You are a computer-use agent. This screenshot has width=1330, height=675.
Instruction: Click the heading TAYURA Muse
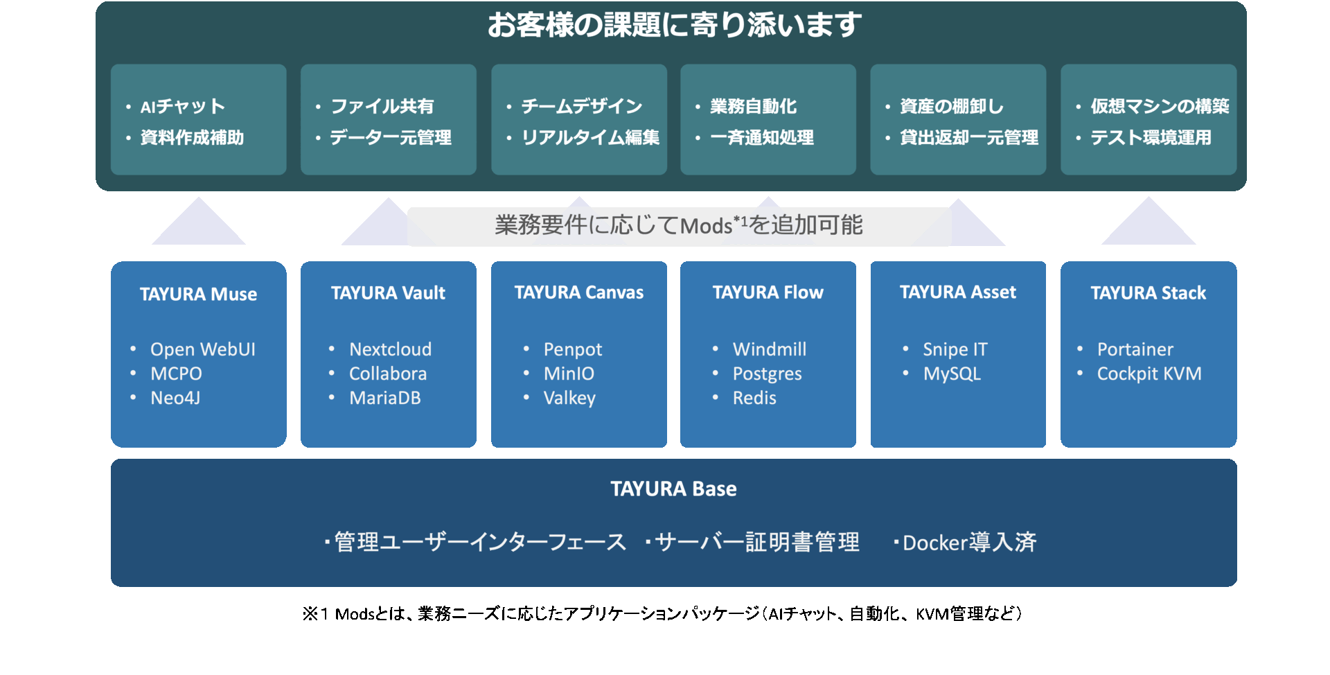pyautogui.click(x=198, y=294)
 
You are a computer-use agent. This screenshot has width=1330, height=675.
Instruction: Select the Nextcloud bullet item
pyautogui.click(x=390, y=349)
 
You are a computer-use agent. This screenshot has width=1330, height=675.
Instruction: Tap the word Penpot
pyautogui.click(x=572, y=349)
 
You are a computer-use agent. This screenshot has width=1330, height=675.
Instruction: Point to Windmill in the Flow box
pyautogui.click(x=769, y=349)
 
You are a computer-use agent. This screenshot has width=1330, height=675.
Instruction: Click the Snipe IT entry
pyautogui.click(x=955, y=349)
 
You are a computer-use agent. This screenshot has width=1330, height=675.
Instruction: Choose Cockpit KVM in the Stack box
pyautogui.click(x=1149, y=374)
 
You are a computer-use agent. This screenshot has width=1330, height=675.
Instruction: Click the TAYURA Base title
pyautogui.click(x=673, y=489)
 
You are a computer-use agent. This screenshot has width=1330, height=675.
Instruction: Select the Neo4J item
pyautogui.click(x=175, y=398)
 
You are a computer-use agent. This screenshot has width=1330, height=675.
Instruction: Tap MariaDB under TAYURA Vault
pyautogui.click(x=384, y=398)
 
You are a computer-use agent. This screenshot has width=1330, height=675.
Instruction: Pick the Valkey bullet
pyautogui.click(x=569, y=398)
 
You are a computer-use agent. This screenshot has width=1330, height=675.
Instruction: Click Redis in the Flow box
pyautogui.click(x=754, y=398)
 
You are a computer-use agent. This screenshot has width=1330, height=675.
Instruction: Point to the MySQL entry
pyautogui.click(x=952, y=374)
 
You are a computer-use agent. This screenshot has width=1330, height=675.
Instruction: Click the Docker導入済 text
pyautogui.click(x=968, y=542)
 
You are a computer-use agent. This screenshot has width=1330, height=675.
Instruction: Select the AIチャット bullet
pyautogui.click(x=182, y=106)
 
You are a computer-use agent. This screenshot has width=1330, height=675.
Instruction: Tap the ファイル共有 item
pyautogui.click(x=382, y=106)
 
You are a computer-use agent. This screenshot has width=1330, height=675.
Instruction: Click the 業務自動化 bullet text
pyautogui.click(x=753, y=106)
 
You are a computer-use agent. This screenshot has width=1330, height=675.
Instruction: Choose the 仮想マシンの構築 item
pyautogui.click(x=1160, y=106)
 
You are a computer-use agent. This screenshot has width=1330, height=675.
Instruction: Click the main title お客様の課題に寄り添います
pyautogui.click(x=674, y=25)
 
